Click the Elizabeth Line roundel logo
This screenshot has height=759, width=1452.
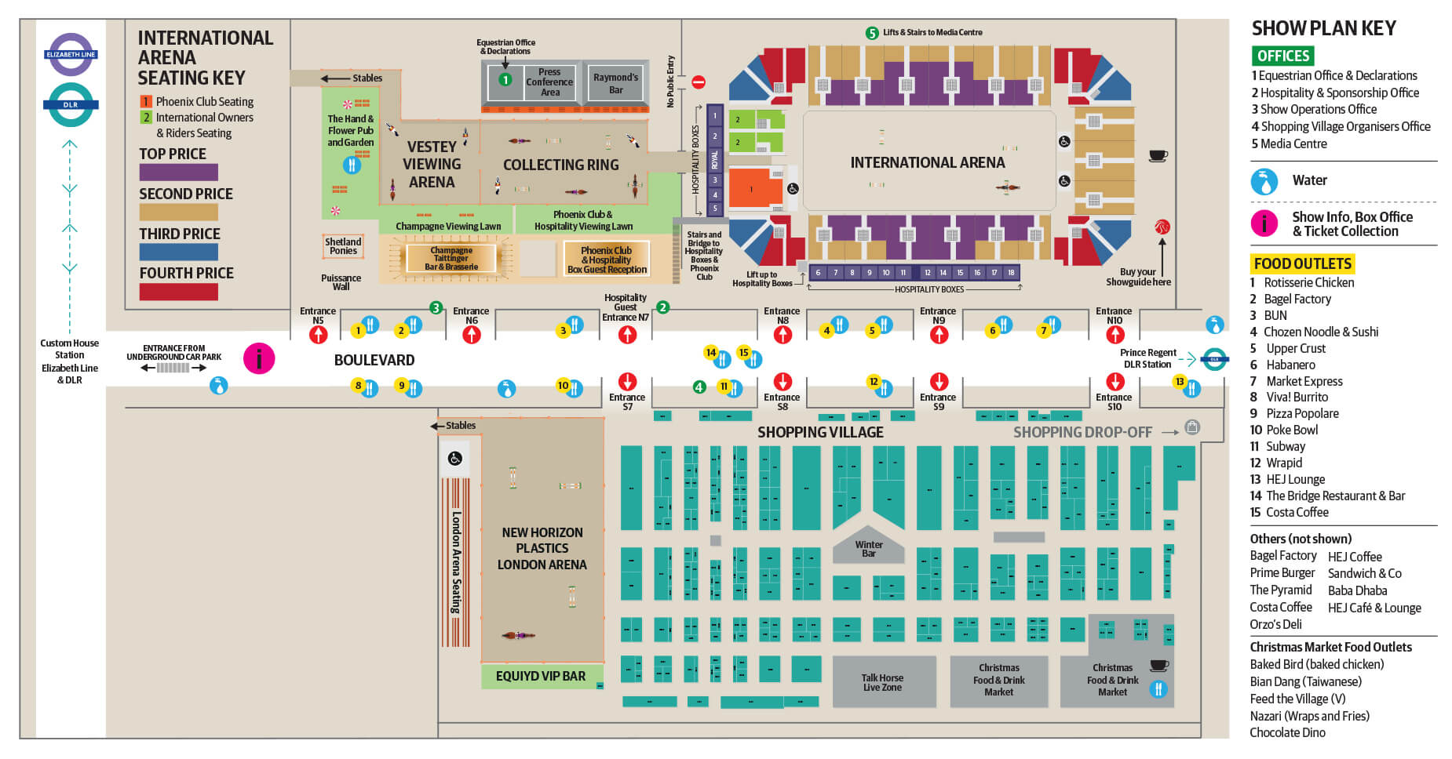pos(71,54)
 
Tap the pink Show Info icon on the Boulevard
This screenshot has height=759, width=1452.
pos(259,359)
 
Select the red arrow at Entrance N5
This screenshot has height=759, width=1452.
pos(318,335)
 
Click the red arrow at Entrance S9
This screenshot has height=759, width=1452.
pos(939,382)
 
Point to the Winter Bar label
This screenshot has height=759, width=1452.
pos(869,549)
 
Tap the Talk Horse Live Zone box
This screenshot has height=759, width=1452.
pos(883,682)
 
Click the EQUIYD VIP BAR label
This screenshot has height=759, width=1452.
pos(541,676)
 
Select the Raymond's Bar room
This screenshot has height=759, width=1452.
pos(616,83)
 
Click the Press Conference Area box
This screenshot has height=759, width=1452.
pos(549,82)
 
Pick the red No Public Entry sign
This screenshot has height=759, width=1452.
pos(699,82)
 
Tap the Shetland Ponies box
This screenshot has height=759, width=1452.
pos(343,246)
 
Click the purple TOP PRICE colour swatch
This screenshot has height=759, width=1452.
pos(178,172)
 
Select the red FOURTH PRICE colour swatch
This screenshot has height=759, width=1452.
pos(178,292)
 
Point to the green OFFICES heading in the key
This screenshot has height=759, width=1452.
pos(1282,56)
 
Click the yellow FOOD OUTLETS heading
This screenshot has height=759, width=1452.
pos(1302,263)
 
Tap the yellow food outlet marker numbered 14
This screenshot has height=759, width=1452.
pos(711,353)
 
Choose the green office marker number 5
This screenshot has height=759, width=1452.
pos(871,33)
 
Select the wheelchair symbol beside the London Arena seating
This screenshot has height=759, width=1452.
pos(455,459)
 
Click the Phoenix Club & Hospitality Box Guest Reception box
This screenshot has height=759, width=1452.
pos(607,260)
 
